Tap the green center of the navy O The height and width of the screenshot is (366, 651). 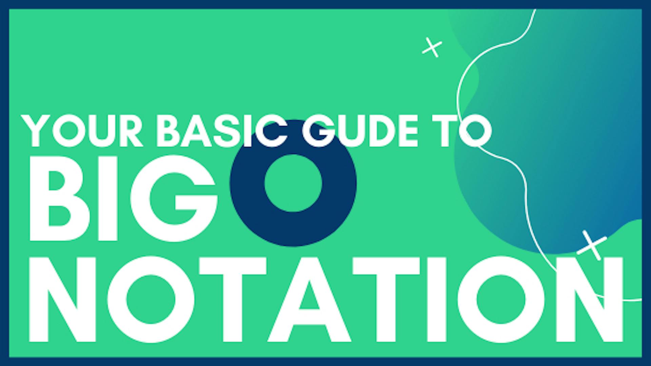[293, 183]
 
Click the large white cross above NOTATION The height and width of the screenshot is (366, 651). [592, 245]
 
